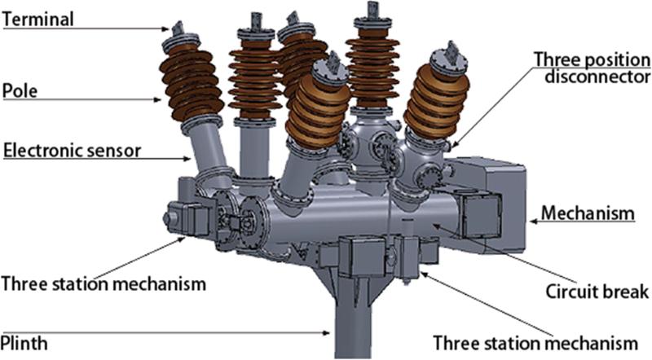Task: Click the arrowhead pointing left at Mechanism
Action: click(534, 218)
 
